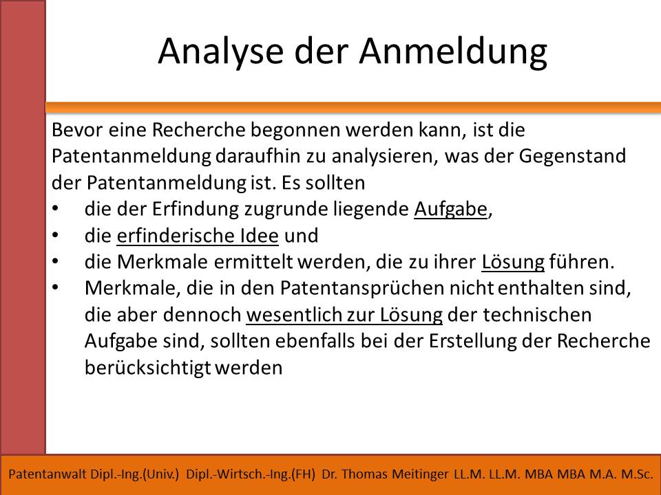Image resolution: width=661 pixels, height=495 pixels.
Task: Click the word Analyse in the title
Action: pos(220,51)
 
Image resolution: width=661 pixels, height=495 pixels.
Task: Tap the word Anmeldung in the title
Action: pos(453,51)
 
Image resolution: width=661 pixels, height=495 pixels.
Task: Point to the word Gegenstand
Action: pos(572,156)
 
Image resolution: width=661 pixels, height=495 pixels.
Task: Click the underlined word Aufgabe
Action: pos(450,209)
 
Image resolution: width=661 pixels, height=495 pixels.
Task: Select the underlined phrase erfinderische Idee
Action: pos(198,236)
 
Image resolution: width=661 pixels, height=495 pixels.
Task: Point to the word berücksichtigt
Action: pos(147,368)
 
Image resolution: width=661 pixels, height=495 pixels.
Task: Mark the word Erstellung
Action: pos(472,342)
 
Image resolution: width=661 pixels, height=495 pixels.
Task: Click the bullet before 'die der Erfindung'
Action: pos(56,209)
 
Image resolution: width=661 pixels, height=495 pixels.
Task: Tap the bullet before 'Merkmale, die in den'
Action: pos(56,288)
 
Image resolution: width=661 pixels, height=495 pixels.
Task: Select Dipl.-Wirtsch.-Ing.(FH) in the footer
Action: pos(251,474)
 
